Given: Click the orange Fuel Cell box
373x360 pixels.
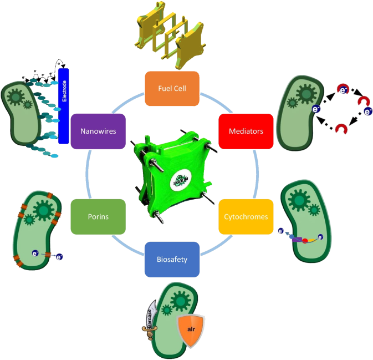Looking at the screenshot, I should [x=172, y=88].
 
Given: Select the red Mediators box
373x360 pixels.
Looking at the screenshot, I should [x=246, y=131].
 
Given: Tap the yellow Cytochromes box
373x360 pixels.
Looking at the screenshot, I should [x=246, y=216].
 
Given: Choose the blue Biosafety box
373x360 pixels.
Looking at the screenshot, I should [x=172, y=259].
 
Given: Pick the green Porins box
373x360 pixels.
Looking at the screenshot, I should [x=98, y=216].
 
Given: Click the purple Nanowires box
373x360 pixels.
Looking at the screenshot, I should [x=98, y=131].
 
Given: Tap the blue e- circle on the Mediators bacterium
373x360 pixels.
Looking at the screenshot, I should [x=316, y=109].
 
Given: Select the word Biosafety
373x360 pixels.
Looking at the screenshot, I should [x=172, y=259].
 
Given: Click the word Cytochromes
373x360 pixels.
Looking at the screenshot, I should [x=246, y=217].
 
